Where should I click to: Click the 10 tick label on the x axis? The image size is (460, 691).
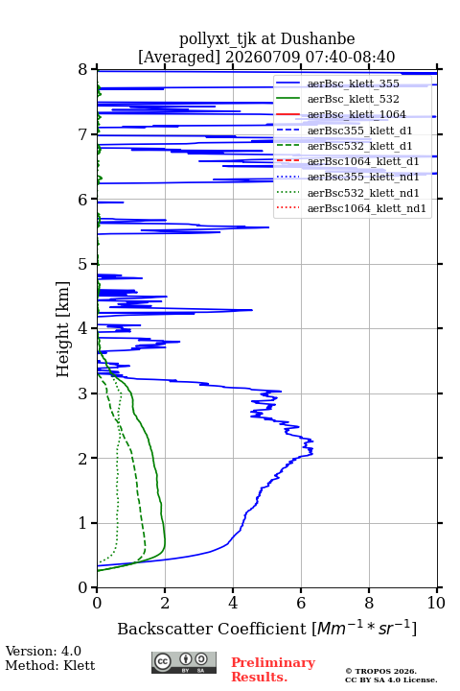click(436, 603)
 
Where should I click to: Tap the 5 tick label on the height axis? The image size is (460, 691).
click(83, 265)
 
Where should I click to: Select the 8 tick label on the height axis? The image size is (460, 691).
click(83, 70)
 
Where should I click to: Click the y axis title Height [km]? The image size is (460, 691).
click(63, 329)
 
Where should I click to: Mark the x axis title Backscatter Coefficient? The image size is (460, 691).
click(211, 629)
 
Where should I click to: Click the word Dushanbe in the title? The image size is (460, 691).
click(317, 39)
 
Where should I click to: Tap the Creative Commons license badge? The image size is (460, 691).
click(184, 663)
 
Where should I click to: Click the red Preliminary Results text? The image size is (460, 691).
click(273, 670)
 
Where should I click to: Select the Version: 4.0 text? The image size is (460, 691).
click(43, 652)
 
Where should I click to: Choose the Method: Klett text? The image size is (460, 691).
click(50, 665)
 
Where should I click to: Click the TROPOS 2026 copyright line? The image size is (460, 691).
click(381, 671)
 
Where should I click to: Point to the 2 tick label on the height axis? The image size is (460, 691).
click(83, 459)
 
